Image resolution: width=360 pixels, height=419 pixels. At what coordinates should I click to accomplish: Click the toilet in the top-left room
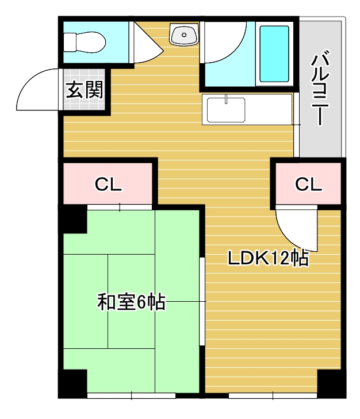point(85,41)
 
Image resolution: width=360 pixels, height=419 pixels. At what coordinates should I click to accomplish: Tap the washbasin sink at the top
point(184,35)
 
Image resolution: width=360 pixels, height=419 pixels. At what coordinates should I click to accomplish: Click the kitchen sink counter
point(226,110)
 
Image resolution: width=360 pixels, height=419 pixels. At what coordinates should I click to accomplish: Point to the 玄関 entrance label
point(83,91)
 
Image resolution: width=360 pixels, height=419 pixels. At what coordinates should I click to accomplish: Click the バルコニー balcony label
point(320,90)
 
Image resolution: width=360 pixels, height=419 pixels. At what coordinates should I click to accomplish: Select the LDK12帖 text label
point(269,259)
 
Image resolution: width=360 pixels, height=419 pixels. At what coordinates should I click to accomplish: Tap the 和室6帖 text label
point(131,302)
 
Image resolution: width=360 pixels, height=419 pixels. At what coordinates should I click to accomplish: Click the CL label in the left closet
point(108,184)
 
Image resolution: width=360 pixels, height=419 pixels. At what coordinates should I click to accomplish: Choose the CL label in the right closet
point(308,184)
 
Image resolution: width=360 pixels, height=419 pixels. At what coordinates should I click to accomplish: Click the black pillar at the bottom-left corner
point(74,383)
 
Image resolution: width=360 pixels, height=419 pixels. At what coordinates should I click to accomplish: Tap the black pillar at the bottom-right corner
point(331,383)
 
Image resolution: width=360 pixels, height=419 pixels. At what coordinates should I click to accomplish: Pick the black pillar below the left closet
point(74,220)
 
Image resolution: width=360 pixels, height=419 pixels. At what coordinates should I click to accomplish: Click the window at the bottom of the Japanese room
point(131,395)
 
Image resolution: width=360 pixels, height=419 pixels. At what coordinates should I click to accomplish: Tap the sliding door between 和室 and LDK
point(202,302)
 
